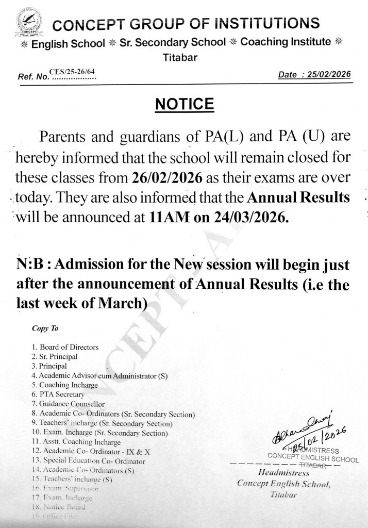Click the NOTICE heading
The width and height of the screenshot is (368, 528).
[184, 105]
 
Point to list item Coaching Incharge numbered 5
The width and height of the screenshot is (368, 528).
[66, 385]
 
